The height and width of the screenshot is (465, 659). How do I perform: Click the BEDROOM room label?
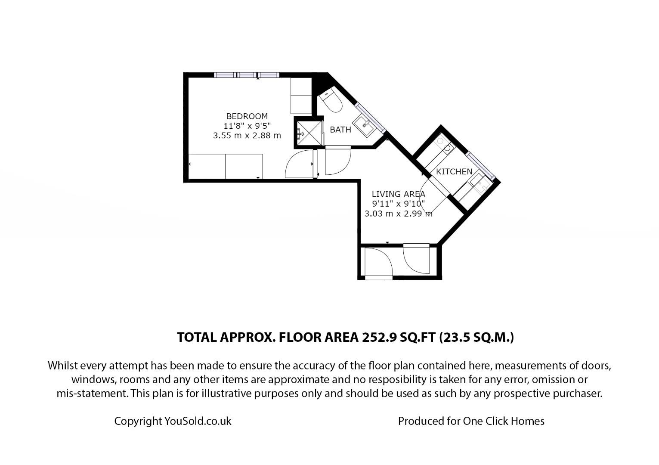tap(247, 116)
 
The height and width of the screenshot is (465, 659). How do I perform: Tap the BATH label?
tap(340, 130)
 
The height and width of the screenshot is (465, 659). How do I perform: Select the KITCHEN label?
tap(454, 171)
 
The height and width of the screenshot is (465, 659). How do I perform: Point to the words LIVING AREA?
tap(398, 194)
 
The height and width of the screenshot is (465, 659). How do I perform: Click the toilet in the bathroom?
tap(332, 101)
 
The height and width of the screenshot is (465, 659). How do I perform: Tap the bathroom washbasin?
tap(366, 124)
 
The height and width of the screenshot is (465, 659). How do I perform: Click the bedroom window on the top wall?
tap(247, 75)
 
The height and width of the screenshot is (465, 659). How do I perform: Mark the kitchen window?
tap(480, 165)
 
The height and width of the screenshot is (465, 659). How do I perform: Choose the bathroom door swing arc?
tap(338, 161)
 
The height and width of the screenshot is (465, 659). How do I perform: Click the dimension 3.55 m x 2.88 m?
tap(247, 136)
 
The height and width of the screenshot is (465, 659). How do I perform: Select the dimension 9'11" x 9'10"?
tap(398, 204)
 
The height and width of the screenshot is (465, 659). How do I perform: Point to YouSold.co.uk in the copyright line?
tap(198, 421)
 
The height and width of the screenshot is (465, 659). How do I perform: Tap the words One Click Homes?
tap(503, 421)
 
